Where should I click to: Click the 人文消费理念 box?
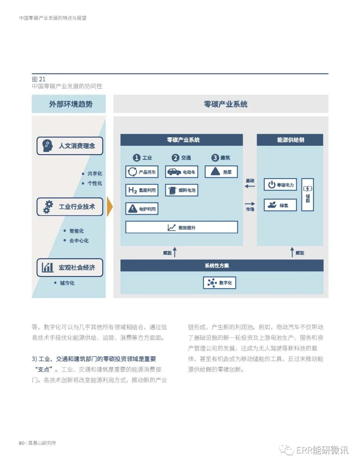pos(70,146)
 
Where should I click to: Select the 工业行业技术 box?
pos(70,207)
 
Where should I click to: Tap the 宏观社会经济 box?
pos(70,268)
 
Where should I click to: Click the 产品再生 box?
pos(142,172)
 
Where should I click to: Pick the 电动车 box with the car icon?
pos(182,172)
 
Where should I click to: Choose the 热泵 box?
pos(221,172)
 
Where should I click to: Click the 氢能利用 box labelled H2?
pos(142,190)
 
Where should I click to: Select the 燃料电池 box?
pos(182,190)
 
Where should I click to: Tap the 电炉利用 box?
pos(142,209)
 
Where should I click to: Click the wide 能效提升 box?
pos(182,227)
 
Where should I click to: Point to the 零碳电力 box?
pos(280,184)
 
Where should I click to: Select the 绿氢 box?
pos(280,205)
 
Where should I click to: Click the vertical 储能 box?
pos(307,194)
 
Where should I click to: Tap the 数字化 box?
pos(220,283)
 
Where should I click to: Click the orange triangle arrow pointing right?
pos(109,207)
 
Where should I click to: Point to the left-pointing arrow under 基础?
pos(250,186)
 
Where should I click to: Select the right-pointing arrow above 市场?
pos(250,203)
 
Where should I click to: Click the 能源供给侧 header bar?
pos(290,140)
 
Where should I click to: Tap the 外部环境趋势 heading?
pos(70,104)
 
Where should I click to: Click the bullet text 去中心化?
pos(79,241)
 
